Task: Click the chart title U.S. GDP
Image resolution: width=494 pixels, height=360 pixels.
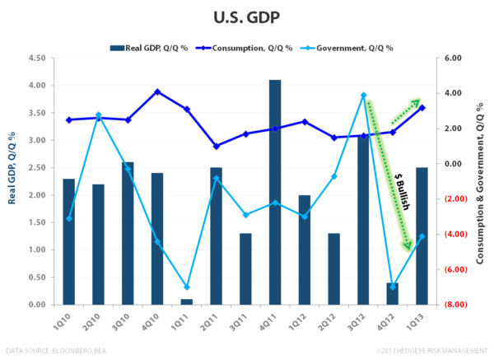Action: (247, 16)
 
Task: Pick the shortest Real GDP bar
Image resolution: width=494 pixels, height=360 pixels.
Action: (187, 301)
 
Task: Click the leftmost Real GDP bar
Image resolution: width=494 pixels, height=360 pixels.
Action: (69, 241)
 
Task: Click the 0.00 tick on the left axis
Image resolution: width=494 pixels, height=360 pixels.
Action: (35, 304)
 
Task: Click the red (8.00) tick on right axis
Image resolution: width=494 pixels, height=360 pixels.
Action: (455, 304)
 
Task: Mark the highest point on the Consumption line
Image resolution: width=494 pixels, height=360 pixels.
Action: (158, 91)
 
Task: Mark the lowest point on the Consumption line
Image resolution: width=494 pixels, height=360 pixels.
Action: (216, 146)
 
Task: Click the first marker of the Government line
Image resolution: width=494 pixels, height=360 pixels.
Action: (69, 218)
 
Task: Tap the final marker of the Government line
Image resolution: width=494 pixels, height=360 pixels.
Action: (422, 236)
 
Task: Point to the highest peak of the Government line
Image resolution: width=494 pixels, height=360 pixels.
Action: (363, 95)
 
